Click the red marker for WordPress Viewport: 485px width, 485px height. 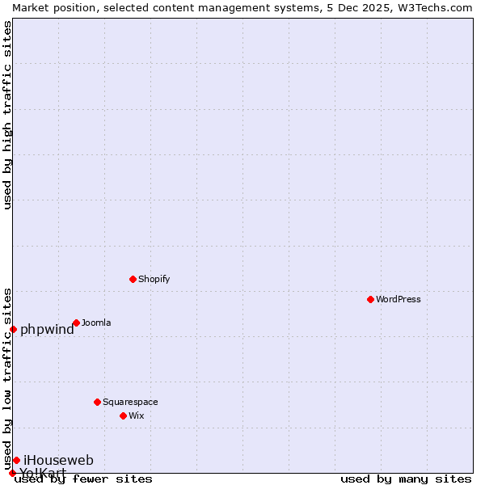point(370,299)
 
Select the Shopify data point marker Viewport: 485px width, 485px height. point(133,279)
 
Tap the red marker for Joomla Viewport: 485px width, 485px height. point(76,323)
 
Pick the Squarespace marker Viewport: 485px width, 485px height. point(97,402)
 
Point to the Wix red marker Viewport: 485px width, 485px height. point(123,415)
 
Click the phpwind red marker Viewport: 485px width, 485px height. point(13,329)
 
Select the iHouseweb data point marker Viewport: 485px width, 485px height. point(16,460)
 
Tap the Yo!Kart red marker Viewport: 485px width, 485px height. point(12,473)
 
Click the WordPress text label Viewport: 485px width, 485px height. point(399,299)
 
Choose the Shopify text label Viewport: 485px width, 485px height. point(154,279)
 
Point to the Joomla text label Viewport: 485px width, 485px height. point(96,323)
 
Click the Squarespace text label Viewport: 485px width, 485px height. point(130,402)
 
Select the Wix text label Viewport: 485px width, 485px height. point(137,415)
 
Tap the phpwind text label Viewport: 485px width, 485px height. point(47,329)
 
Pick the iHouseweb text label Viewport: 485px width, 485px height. point(58,460)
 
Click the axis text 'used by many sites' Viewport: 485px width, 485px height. point(406,479)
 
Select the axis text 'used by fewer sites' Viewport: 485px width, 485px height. point(84,479)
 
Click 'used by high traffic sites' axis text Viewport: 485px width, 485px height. point(7,115)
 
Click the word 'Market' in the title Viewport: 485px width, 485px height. point(31,7)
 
